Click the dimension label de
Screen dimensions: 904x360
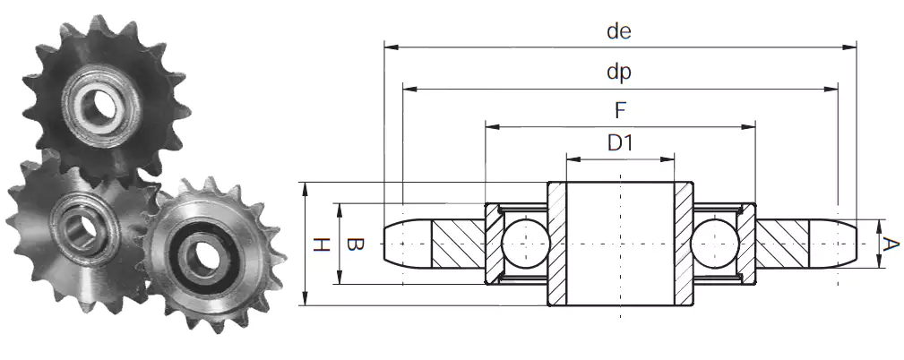click(x=619, y=31)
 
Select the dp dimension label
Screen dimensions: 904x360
click(x=619, y=73)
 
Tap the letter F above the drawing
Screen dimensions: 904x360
click(x=620, y=110)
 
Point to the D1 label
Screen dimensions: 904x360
click(x=620, y=142)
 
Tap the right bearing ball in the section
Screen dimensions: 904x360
click(x=715, y=244)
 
